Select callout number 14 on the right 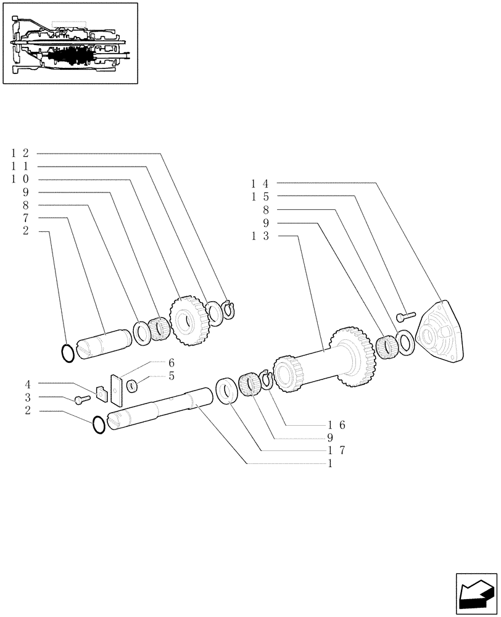262,183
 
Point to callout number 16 337,424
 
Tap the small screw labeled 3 80,400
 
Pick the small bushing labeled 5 132,386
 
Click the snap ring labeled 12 230,308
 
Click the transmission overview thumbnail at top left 70,43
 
